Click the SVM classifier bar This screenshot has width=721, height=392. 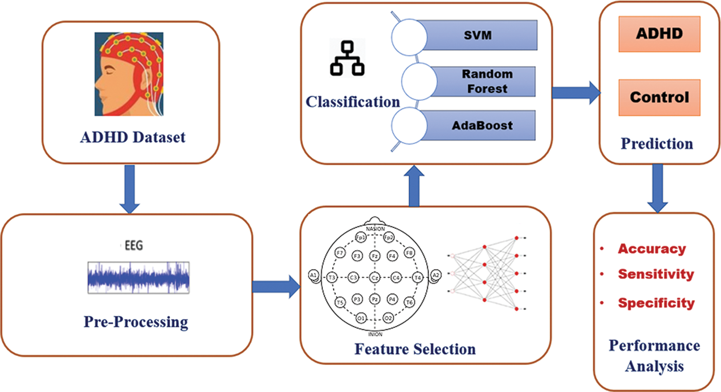click(478, 35)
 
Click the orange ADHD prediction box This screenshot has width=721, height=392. click(659, 34)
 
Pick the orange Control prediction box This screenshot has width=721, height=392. click(659, 97)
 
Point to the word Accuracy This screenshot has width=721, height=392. click(652, 249)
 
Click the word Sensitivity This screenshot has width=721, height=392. click(656, 274)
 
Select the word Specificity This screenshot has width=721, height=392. click(656, 303)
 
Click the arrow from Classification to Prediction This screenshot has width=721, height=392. click(575, 93)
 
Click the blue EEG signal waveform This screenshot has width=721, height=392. click(139, 277)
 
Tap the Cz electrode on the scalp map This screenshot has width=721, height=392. click(374, 278)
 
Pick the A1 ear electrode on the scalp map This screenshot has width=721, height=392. click(314, 276)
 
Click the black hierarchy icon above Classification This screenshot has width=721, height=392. click(347, 59)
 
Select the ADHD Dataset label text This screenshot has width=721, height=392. click(133, 137)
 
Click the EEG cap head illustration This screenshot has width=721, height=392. click(129, 74)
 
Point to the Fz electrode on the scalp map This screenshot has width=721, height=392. click(374, 256)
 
